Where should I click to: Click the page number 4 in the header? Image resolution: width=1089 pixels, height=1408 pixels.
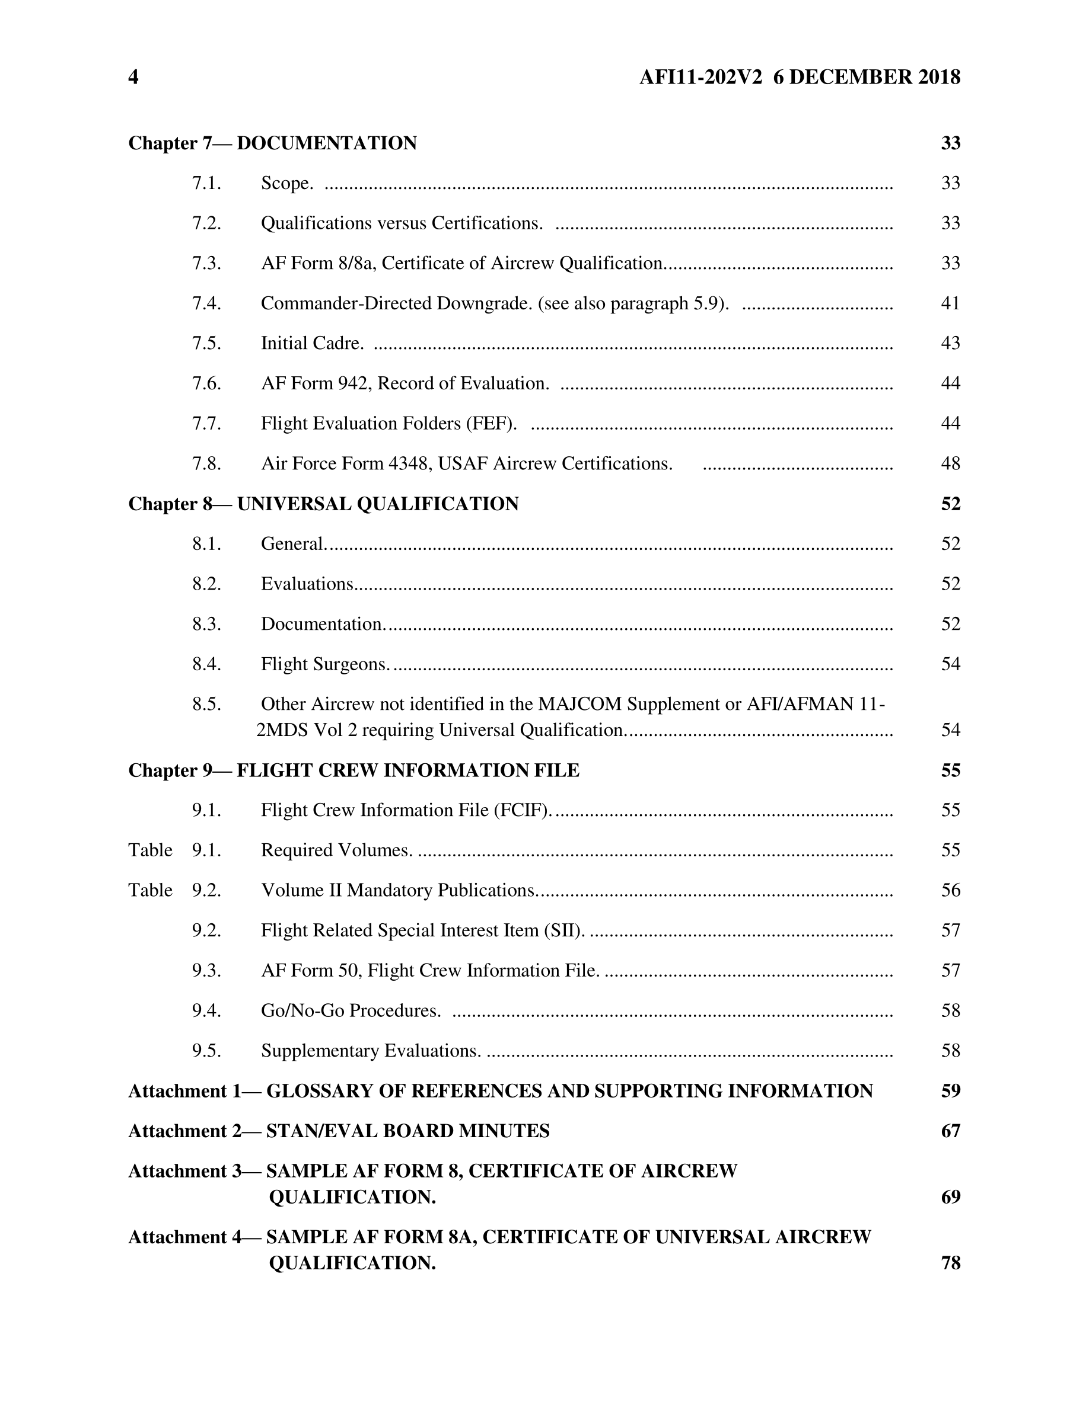point(133,78)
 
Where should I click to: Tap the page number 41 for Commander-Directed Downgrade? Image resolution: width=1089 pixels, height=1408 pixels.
point(950,303)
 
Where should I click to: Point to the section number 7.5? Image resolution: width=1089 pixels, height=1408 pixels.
point(206,343)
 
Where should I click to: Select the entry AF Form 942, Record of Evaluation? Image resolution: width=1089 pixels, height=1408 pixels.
point(405,383)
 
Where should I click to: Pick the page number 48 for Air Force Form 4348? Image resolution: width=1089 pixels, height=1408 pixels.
point(950,463)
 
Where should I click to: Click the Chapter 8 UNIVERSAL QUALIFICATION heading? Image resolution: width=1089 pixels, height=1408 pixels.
point(323,504)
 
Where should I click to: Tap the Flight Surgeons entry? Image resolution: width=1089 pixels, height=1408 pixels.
point(325,664)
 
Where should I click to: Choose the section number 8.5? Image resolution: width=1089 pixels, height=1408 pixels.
point(206,704)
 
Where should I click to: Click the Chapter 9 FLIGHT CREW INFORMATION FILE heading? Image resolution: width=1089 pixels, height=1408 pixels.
point(354,770)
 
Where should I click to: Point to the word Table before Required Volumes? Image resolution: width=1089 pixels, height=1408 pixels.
point(150,850)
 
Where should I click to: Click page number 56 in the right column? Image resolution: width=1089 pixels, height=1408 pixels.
point(950,890)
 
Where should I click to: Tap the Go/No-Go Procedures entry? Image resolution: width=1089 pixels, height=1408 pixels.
point(351,1010)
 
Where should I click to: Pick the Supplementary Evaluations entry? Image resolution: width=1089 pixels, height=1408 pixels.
point(371,1051)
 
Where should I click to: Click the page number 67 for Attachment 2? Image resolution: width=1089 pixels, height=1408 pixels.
point(950,1131)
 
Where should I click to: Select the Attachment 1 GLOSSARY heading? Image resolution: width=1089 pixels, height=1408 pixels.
point(500,1091)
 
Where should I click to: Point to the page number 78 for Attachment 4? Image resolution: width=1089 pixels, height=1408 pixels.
point(950,1262)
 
